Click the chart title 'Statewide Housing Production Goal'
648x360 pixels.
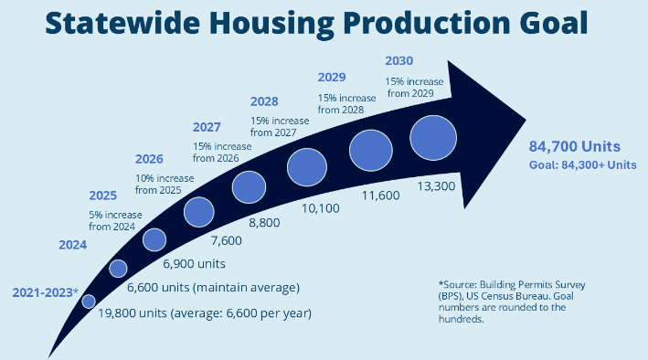(316, 23)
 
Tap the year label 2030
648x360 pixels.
(398, 60)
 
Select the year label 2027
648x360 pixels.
(207, 127)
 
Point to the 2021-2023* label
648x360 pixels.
(46, 292)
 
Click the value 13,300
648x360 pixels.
(436, 186)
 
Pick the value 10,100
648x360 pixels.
(320, 208)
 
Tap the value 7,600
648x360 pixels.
(227, 240)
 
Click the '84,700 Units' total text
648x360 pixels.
(575, 146)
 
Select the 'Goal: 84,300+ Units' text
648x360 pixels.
(583, 164)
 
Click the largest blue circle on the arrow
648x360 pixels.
(433, 138)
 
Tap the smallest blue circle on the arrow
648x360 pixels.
(89, 302)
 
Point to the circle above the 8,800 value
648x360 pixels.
(249, 187)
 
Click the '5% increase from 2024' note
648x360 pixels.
(115, 221)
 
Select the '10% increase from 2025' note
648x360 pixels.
(165, 185)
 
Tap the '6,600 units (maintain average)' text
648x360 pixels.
(213, 287)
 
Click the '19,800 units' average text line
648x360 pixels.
(205, 313)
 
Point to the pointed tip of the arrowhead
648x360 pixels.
(526, 120)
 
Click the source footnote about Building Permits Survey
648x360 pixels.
(512, 302)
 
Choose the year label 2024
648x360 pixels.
(73, 245)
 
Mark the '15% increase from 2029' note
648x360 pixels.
(414, 88)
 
